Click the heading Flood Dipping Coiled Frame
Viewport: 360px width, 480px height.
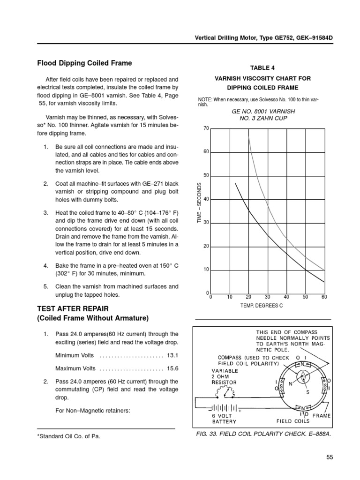click(x=84, y=63)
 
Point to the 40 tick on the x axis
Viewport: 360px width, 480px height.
click(x=286, y=297)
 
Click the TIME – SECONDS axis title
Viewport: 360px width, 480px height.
click(x=199, y=202)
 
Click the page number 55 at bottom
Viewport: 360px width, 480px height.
click(x=327, y=457)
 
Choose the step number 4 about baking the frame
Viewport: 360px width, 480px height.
click(x=46, y=266)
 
